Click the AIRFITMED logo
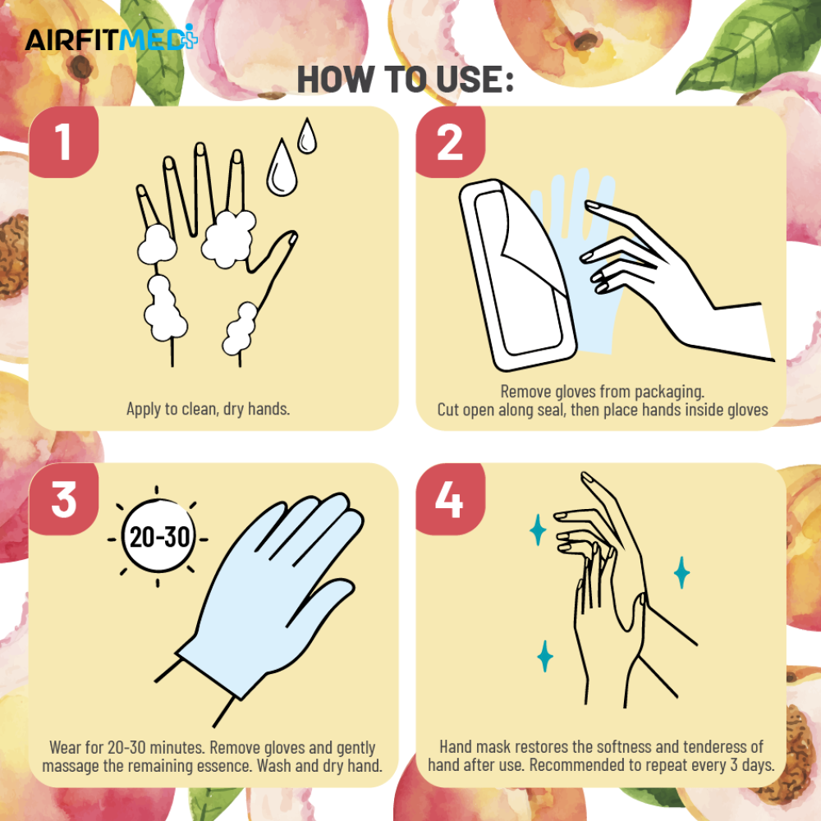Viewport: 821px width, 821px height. tap(112, 39)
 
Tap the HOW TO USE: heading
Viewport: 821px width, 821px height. tap(406, 80)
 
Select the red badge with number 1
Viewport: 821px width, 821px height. tap(64, 142)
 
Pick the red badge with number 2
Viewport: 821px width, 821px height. tap(450, 142)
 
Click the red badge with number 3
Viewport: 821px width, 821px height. tap(64, 499)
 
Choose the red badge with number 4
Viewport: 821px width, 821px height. tap(450, 499)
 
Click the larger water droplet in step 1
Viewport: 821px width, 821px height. tap(282, 167)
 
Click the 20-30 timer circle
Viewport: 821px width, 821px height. tap(158, 536)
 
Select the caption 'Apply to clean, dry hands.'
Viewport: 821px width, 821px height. tap(208, 408)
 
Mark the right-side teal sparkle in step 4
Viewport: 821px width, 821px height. tap(681, 572)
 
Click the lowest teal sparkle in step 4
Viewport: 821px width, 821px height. tap(545, 655)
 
